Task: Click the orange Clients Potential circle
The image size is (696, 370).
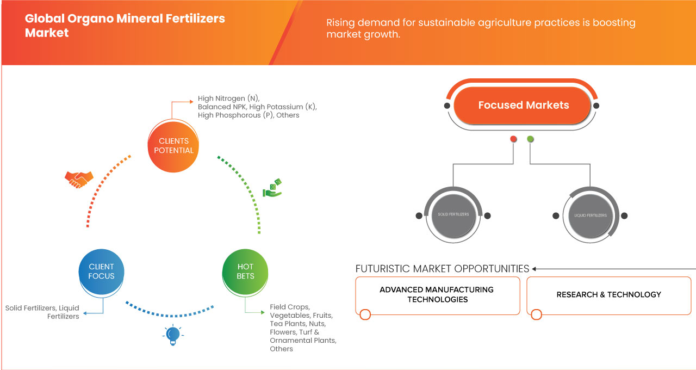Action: (x=173, y=146)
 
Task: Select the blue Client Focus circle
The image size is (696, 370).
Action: (x=102, y=271)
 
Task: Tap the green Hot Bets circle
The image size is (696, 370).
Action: (x=245, y=271)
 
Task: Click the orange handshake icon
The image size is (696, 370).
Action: (x=79, y=179)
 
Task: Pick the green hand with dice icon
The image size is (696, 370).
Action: (x=272, y=188)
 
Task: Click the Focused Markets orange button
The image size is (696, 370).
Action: (x=523, y=105)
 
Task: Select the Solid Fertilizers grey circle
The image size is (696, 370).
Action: (x=453, y=215)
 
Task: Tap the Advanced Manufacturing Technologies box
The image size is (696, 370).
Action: (x=437, y=295)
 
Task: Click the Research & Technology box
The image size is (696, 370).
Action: (x=608, y=295)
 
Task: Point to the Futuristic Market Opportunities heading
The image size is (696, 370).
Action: (x=442, y=269)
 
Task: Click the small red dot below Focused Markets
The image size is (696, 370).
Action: (x=513, y=139)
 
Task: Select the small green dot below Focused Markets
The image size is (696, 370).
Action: (x=530, y=139)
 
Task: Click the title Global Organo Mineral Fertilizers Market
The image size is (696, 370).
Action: (x=125, y=26)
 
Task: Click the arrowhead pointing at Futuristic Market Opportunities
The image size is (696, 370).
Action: (x=535, y=269)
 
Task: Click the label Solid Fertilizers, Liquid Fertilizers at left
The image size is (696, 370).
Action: (x=42, y=312)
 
